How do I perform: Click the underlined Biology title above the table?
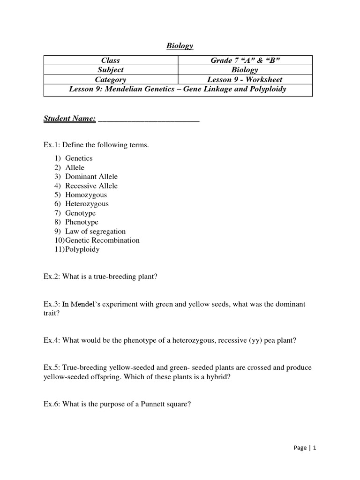pos(180,46)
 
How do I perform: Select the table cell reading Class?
pos(111,60)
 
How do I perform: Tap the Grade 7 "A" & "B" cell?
pos(245,60)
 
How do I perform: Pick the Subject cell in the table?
pos(111,70)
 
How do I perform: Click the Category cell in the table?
pos(111,80)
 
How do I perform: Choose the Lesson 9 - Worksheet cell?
pos(245,80)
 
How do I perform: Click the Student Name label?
pos(69,119)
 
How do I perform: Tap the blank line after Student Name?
pos(149,120)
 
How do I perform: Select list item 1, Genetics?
pos(79,158)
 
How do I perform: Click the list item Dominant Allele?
pos(91,177)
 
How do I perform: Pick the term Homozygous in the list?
pos(86,195)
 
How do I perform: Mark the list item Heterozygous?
pos(87,204)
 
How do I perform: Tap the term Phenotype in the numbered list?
pos(82,222)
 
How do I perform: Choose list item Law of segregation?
pos(95,232)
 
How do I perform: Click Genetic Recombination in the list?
pos(102,240)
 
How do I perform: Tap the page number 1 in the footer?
pos(315,448)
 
